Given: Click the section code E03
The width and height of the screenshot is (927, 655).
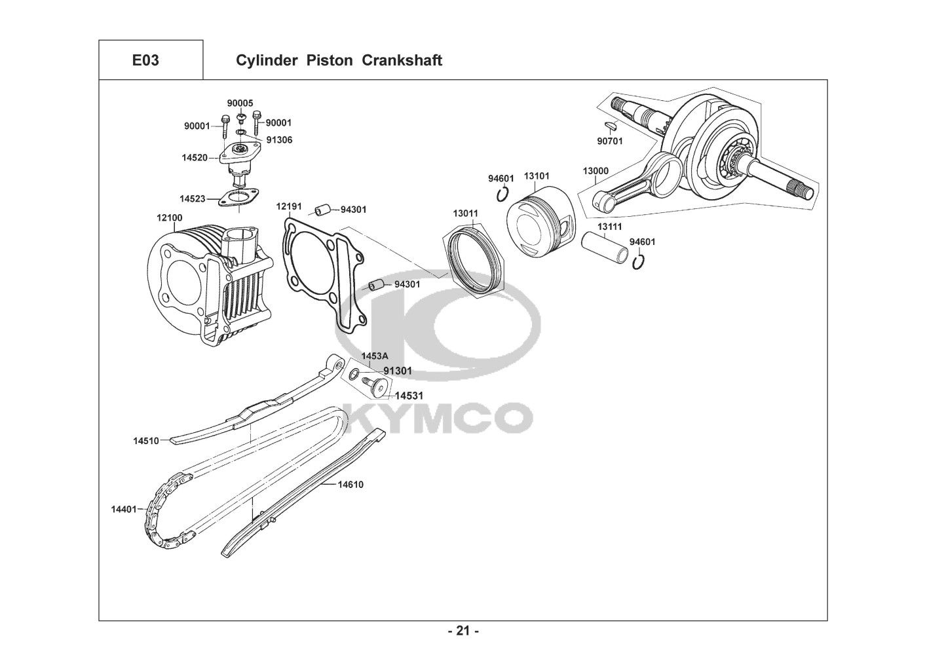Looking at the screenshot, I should pyautogui.click(x=145, y=60).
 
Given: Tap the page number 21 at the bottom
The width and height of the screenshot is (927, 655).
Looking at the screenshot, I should pyautogui.click(x=463, y=631).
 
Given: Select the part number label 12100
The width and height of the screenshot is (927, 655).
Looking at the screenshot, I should pyautogui.click(x=169, y=217).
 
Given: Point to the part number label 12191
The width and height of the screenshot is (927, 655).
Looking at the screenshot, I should pyautogui.click(x=288, y=206).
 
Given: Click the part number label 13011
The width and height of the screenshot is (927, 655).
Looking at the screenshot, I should pyautogui.click(x=465, y=214).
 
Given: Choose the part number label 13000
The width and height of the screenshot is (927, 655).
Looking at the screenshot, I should pyautogui.click(x=596, y=171).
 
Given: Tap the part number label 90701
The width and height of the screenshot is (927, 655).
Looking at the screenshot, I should pyautogui.click(x=610, y=141).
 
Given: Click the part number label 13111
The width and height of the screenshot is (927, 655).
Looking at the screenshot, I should pyautogui.click(x=609, y=226).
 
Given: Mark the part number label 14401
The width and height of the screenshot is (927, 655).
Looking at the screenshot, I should pyautogui.click(x=124, y=508).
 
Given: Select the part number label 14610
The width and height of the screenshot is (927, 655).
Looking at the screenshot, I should pyautogui.click(x=350, y=485).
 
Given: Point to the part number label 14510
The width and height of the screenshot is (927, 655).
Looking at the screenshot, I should pyautogui.click(x=146, y=441).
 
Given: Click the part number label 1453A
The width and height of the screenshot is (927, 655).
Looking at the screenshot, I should pyautogui.click(x=375, y=356).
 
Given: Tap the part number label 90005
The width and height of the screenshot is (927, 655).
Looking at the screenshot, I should pyautogui.click(x=240, y=103).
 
